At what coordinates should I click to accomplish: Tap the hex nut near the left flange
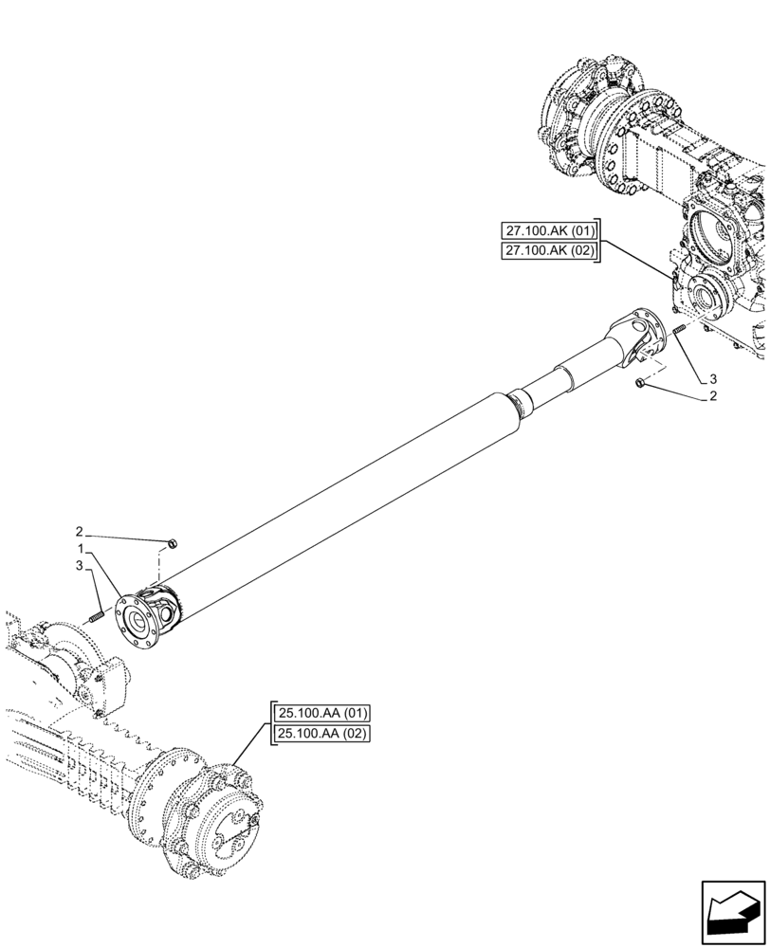click(173, 543)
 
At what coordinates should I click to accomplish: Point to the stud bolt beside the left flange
click(95, 619)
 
